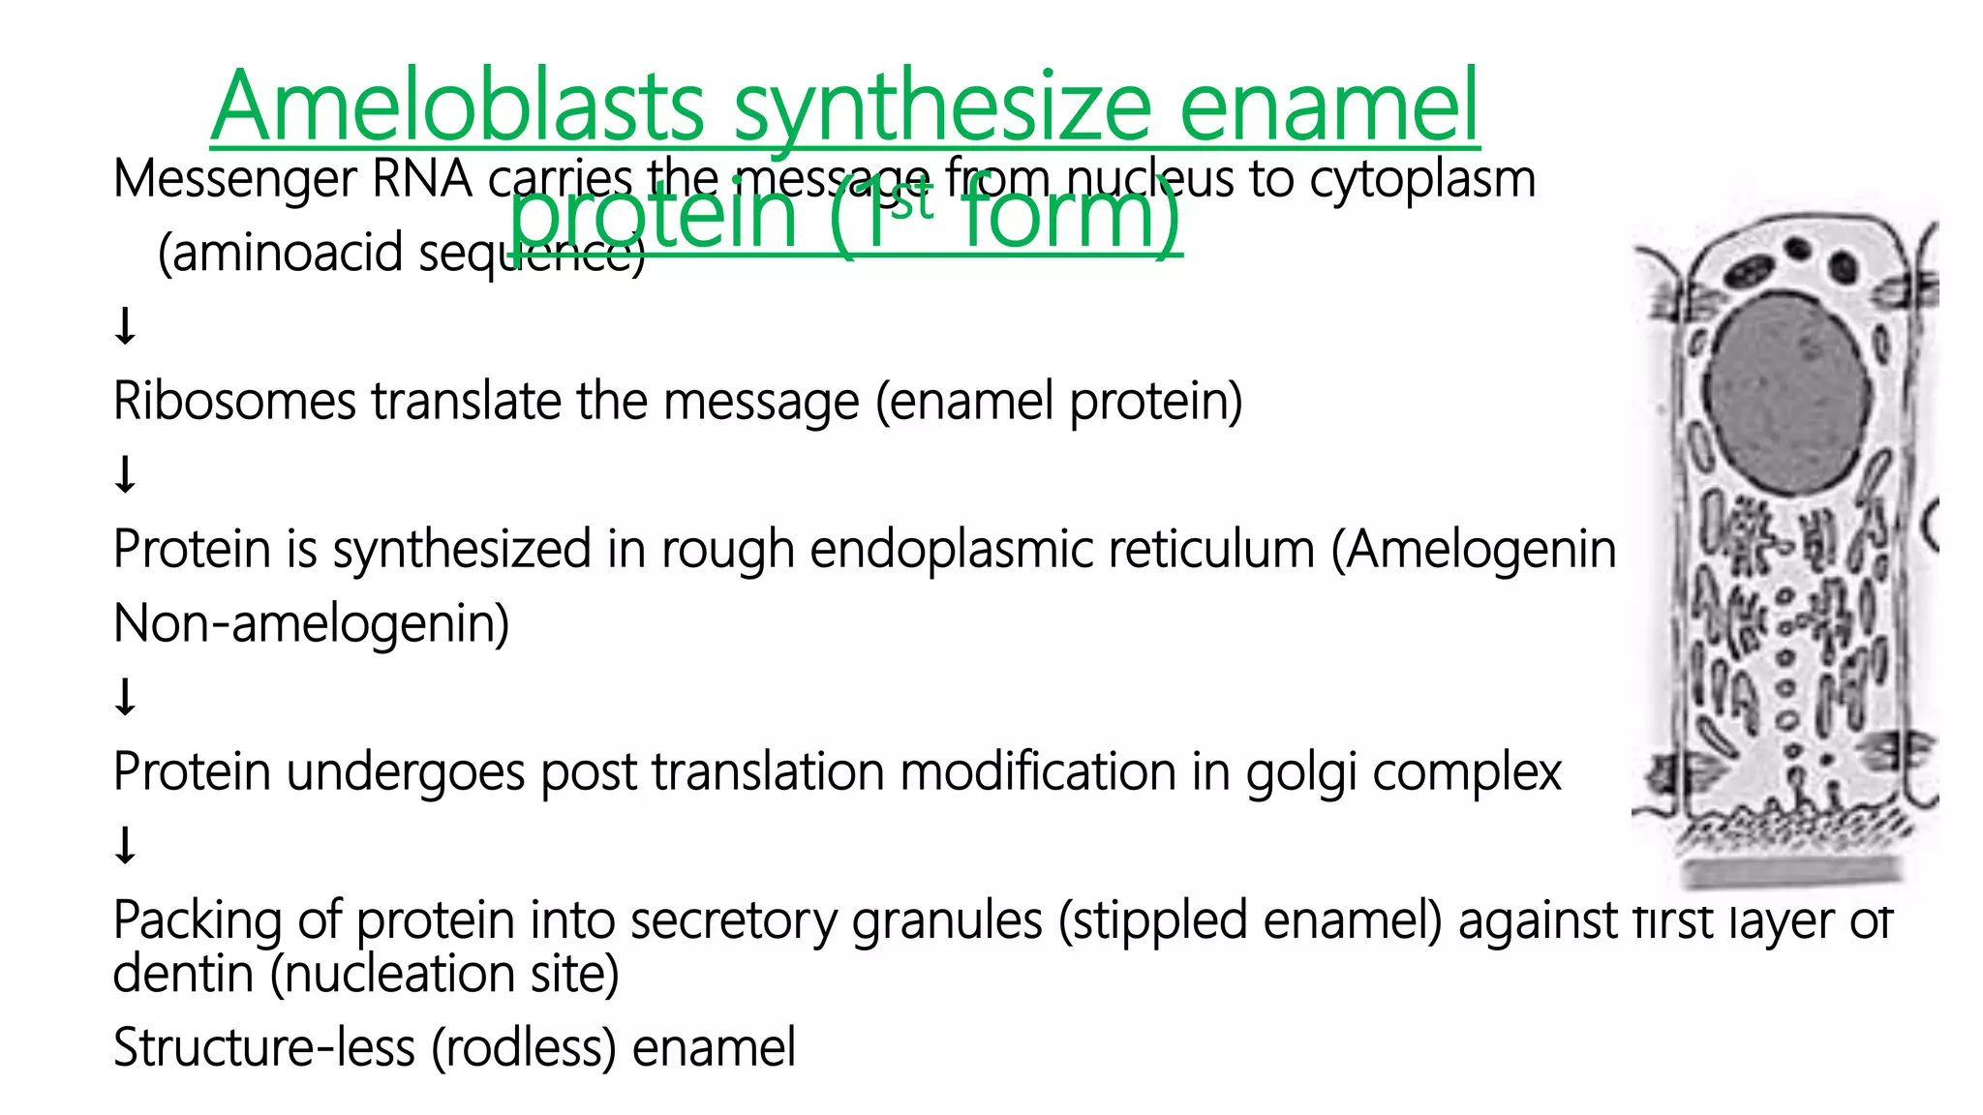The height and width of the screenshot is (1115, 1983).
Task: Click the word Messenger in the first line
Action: point(235,180)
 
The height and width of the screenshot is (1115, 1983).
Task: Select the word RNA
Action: point(422,179)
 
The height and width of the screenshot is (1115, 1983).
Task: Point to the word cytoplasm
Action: point(1422,180)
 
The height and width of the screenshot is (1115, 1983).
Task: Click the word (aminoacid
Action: point(280,254)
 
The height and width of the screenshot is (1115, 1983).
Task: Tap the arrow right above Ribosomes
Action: point(125,326)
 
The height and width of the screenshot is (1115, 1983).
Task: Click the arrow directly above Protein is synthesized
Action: point(125,475)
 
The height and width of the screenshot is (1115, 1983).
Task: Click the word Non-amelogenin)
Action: point(311,623)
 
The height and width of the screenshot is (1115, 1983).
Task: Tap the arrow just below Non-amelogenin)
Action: point(125,697)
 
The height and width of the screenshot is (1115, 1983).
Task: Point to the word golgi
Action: point(1300,772)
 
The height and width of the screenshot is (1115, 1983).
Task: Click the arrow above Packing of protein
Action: point(125,845)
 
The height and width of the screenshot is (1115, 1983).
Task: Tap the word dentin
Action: point(183,974)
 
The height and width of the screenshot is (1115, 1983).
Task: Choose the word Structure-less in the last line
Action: point(263,1047)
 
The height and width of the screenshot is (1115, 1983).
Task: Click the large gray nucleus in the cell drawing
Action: point(1787,392)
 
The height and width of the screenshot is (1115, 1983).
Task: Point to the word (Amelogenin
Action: point(1473,550)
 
